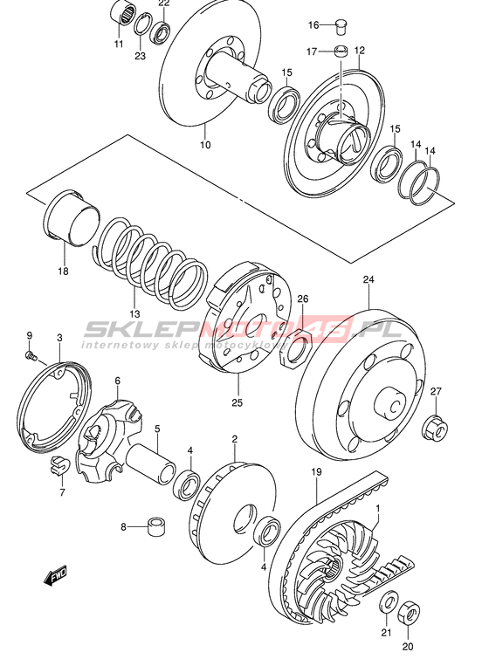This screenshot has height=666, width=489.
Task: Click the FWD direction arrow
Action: click(x=55, y=576)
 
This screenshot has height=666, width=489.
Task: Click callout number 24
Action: click(x=368, y=280)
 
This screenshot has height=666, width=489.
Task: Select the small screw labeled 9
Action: click(x=31, y=355)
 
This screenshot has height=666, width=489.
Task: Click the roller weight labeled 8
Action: click(x=156, y=526)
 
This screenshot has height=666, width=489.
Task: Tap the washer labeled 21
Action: click(x=388, y=601)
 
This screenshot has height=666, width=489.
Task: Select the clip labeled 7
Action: click(x=57, y=464)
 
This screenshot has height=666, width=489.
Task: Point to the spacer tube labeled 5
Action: click(x=151, y=464)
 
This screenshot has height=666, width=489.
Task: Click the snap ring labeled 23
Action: click(x=142, y=24)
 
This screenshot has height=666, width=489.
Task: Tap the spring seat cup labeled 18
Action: click(x=71, y=217)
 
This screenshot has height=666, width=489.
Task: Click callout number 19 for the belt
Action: click(x=316, y=471)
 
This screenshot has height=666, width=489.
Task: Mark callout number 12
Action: click(x=359, y=51)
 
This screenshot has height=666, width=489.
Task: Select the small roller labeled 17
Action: click(x=341, y=51)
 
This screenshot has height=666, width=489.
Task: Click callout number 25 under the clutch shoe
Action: click(x=237, y=402)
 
